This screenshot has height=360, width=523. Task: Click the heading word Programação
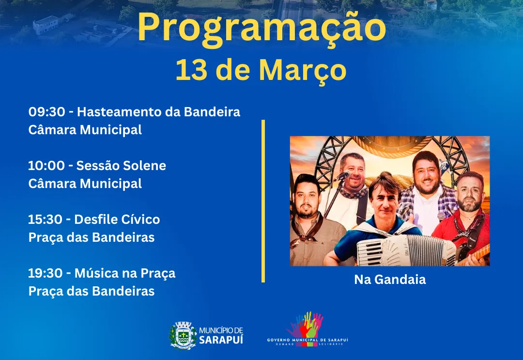(x=261, y=28)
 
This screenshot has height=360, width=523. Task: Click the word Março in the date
(x=303, y=70)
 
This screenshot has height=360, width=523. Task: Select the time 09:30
(x=46, y=112)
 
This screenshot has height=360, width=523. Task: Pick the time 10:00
(x=46, y=166)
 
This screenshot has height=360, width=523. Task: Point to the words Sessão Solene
(x=121, y=166)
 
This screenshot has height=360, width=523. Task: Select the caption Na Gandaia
(x=390, y=280)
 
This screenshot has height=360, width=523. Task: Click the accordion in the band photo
(x=407, y=250)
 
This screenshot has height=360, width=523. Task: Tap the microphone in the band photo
(x=343, y=175)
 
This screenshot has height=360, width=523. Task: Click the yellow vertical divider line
(x=263, y=201)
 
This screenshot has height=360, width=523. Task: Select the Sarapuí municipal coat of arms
(x=183, y=335)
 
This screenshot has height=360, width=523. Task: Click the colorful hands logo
(x=306, y=325)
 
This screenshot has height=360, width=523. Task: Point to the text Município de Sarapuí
(x=221, y=335)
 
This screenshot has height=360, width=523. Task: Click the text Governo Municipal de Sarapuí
(x=308, y=340)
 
